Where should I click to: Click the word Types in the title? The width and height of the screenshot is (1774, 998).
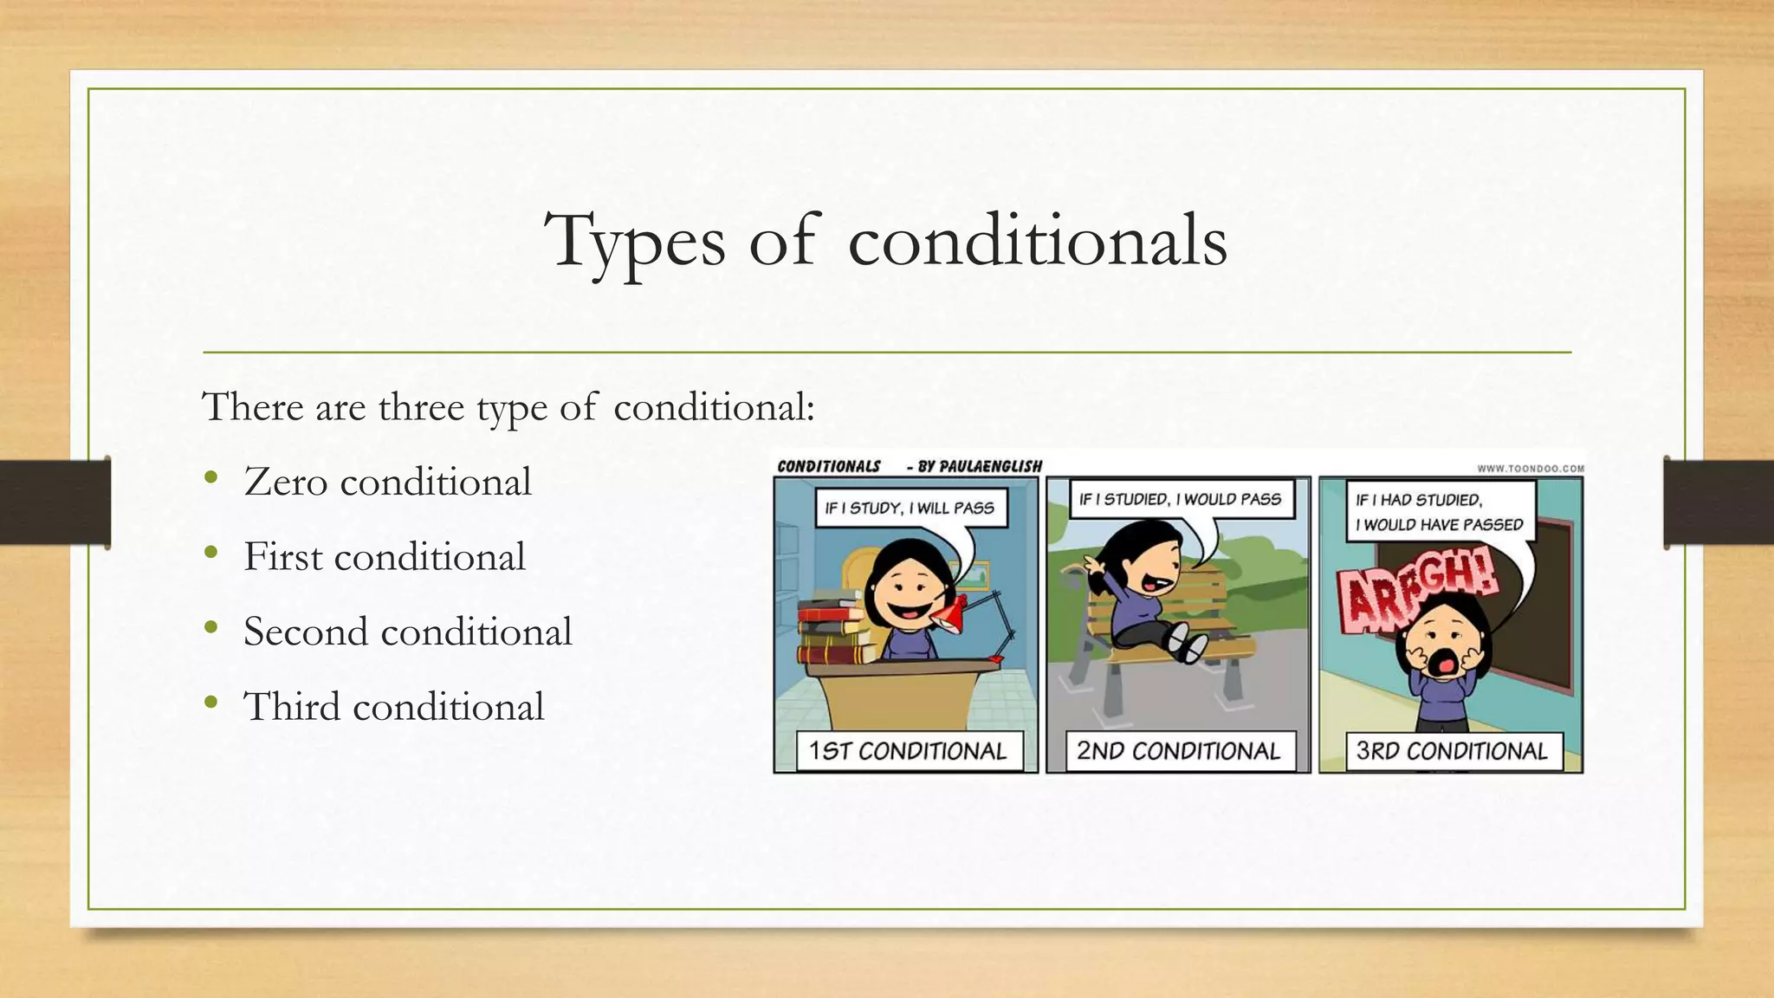click(x=635, y=241)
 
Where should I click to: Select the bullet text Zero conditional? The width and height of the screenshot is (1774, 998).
click(x=387, y=482)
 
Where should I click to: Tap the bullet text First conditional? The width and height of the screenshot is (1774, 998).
click(x=385, y=557)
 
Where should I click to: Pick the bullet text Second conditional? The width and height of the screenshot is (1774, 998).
click(x=407, y=632)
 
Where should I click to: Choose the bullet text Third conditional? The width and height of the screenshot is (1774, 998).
click(x=393, y=707)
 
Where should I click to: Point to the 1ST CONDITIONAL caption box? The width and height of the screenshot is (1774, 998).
click(x=908, y=751)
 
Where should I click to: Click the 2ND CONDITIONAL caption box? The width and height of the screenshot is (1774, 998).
click(x=1178, y=751)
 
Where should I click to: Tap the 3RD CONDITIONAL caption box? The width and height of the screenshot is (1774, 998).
click(x=1452, y=751)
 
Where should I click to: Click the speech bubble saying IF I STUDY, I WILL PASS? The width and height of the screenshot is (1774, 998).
click(x=910, y=509)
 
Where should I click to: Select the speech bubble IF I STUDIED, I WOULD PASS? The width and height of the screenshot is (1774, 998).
click(x=1180, y=500)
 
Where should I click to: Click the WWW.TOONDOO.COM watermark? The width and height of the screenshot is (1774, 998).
click(x=1530, y=469)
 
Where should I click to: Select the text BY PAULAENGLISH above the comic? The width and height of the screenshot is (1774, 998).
click(x=979, y=467)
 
